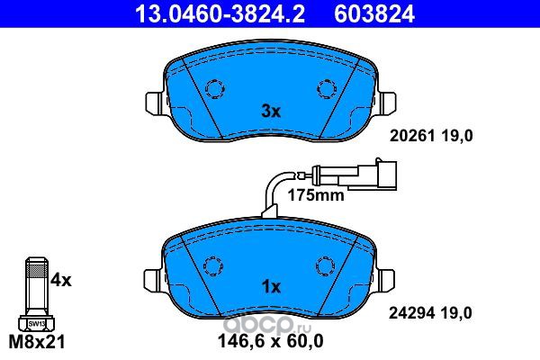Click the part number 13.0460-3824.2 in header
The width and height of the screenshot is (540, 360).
pyautogui.click(x=220, y=14)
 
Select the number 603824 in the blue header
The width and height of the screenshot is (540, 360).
pyautogui.click(x=374, y=14)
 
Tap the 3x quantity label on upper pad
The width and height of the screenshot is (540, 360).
pyautogui.click(x=271, y=112)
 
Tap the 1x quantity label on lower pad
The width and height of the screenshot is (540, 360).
pyautogui.click(x=271, y=286)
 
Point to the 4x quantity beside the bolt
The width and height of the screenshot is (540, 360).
pyautogui.click(x=61, y=280)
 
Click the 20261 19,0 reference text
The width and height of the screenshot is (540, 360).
pyautogui.click(x=431, y=136)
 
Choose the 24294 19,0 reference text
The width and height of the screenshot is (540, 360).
pyautogui.click(x=430, y=313)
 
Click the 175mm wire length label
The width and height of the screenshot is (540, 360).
pyautogui.click(x=316, y=195)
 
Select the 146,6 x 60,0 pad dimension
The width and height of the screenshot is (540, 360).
pyautogui.click(x=271, y=341)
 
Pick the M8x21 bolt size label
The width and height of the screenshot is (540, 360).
pyautogui.click(x=37, y=342)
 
